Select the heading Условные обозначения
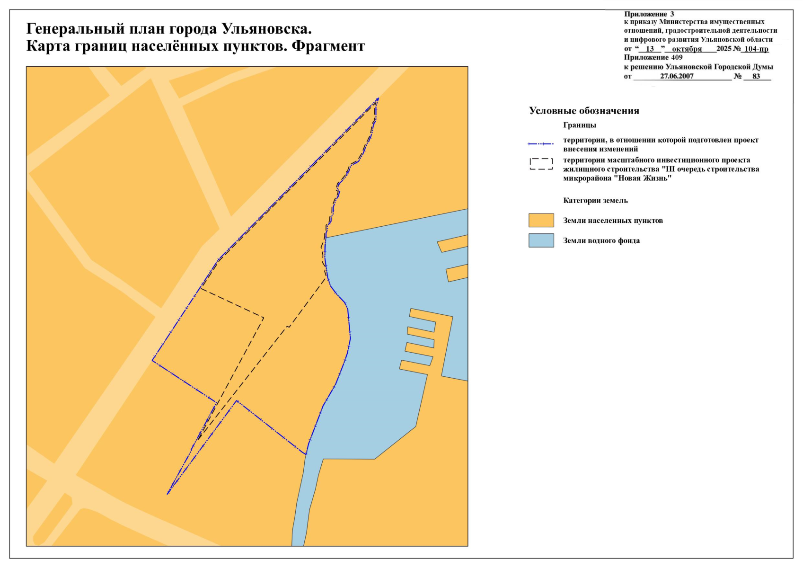[584, 111]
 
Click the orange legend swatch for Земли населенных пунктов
[541, 221]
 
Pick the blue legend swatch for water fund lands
[541, 240]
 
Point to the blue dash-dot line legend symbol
[540, 144]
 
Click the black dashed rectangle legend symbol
[541, 164]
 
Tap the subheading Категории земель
[595, 201]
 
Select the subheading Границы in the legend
[580, 125]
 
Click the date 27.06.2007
[677, 76]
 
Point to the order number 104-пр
[756, 49]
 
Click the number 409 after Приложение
[677, 58]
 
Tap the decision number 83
[756, 76]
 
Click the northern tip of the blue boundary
[379, 98]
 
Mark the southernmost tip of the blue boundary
[168, 494]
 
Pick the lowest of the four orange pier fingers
[414, 367]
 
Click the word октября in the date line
[687, 49]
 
